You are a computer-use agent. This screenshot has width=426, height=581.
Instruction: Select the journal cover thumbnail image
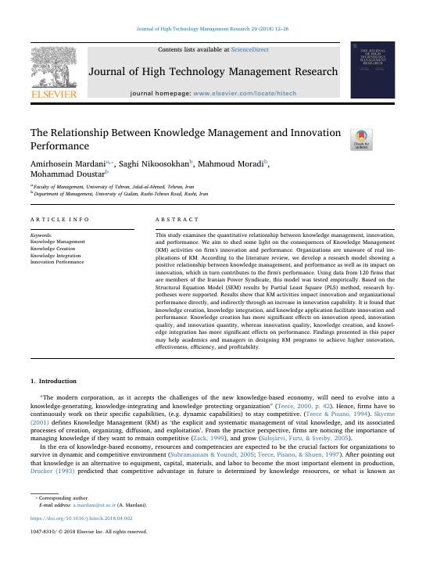[x=372, y=70]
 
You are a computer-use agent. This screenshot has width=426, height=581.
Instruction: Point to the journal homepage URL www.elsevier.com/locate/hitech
[x=243, y=93]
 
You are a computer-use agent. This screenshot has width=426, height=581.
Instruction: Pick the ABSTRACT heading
[x=177, y=220]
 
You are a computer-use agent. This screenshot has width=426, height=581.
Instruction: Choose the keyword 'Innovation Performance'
[x=57, y=262]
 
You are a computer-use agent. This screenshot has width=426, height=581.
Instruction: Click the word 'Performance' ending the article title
[x=59, y=146]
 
